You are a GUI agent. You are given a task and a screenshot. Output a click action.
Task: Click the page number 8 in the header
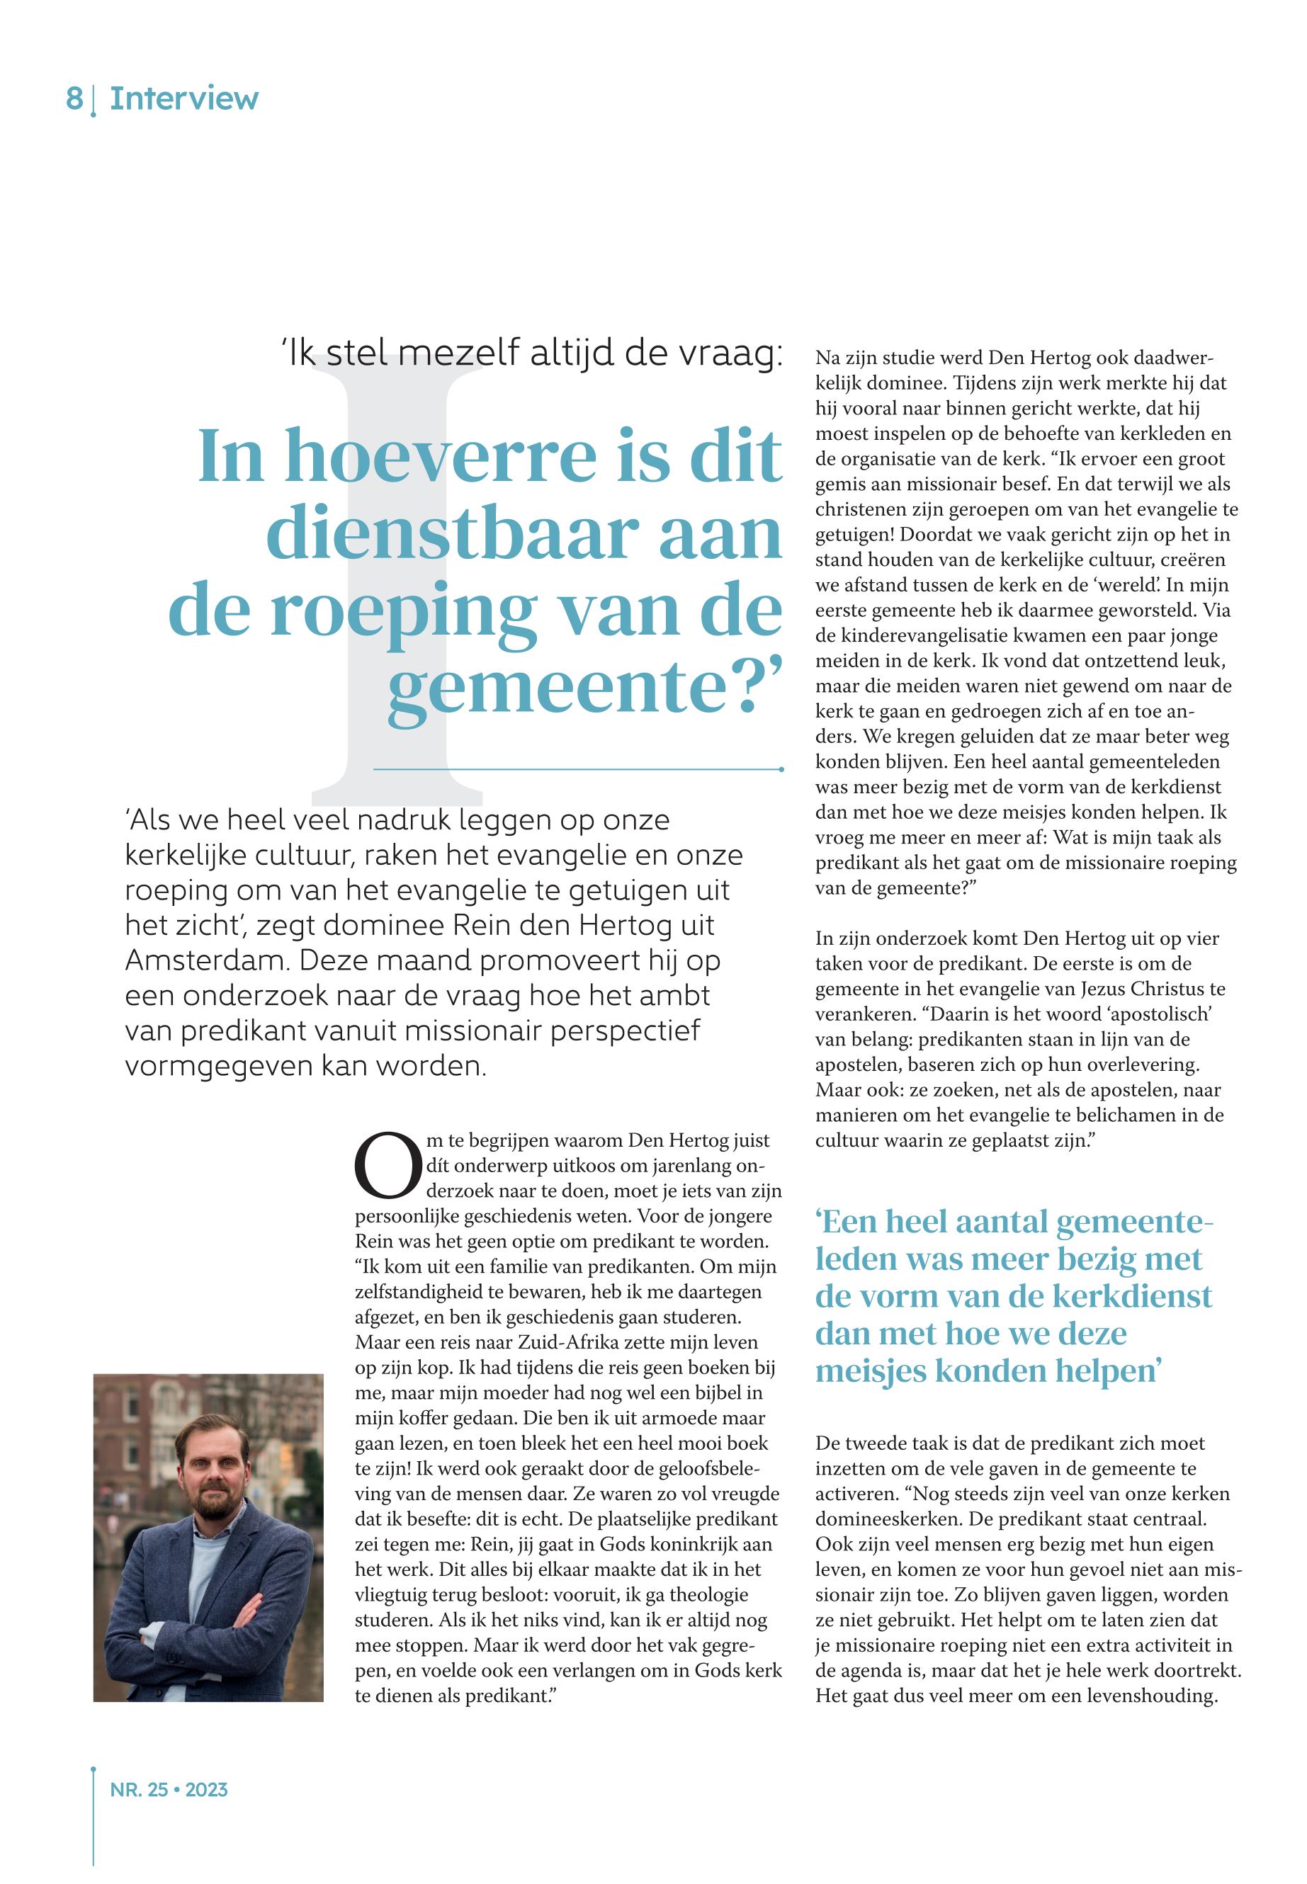(74, 99)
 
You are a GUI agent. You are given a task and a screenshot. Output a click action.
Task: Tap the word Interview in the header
(184, 99)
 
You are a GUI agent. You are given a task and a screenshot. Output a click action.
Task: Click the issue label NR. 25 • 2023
(169, 1790)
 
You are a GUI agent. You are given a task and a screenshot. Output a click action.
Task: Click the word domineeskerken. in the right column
(888, 1519)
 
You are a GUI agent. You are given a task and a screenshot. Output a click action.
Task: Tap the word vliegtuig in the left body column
(392, 1595)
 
